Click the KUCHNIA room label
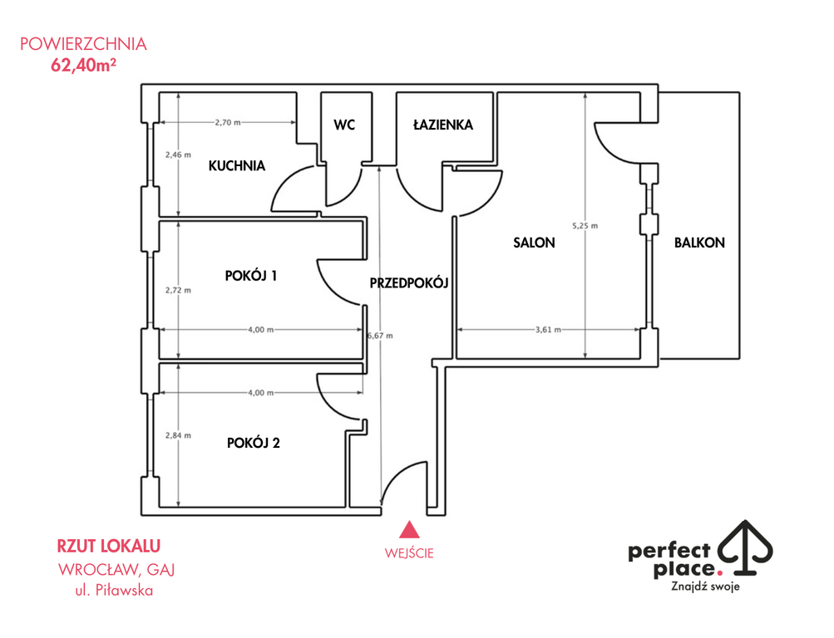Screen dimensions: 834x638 (x=237, y=166)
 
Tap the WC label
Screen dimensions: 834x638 (x=344, y=125)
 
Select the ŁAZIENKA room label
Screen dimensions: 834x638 (x=443, y=125)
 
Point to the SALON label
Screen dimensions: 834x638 (x=534, y=243)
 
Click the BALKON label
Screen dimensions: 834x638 (x=699, y=243)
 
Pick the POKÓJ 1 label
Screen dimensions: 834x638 (x=251, y=276)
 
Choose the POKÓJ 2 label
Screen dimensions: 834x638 (x=253, y=443)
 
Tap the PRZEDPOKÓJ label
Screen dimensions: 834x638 (x=409, y=282)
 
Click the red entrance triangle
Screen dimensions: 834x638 (x=409, y=530)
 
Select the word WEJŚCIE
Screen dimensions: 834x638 (x=409, y=553)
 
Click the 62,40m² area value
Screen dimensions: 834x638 (x=83, y=65)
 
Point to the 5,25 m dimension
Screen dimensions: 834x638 (x=585, y=226)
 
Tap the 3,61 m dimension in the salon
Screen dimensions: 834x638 (x=548, y=329)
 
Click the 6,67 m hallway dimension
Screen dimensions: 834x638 (x=380, y=336)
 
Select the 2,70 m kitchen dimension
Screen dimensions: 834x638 (x=228, y=122)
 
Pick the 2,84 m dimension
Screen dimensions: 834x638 (x=178, y=435)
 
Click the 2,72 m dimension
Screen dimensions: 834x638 (x=178, y=290)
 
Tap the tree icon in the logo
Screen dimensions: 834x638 (x=746, y=547)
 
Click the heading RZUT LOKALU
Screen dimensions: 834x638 (x=108, y=546)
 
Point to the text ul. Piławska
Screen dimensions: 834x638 (x=114, y=590)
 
